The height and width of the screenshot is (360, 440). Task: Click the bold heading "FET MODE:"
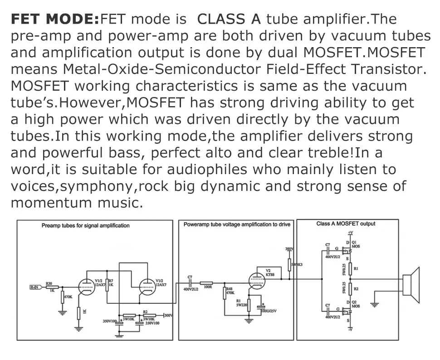pos(54,19)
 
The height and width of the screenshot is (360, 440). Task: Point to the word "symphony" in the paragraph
pos(98,186)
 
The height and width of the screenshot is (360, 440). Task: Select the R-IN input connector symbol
pos(35,287)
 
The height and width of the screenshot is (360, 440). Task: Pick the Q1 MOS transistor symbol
pos(348,248)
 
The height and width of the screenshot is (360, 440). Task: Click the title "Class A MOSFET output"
pos(346,224)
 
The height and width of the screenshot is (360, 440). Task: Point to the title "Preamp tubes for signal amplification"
pos(85,225)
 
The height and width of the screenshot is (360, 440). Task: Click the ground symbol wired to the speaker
pos(374,304)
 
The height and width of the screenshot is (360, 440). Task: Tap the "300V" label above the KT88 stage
pos(288,249)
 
